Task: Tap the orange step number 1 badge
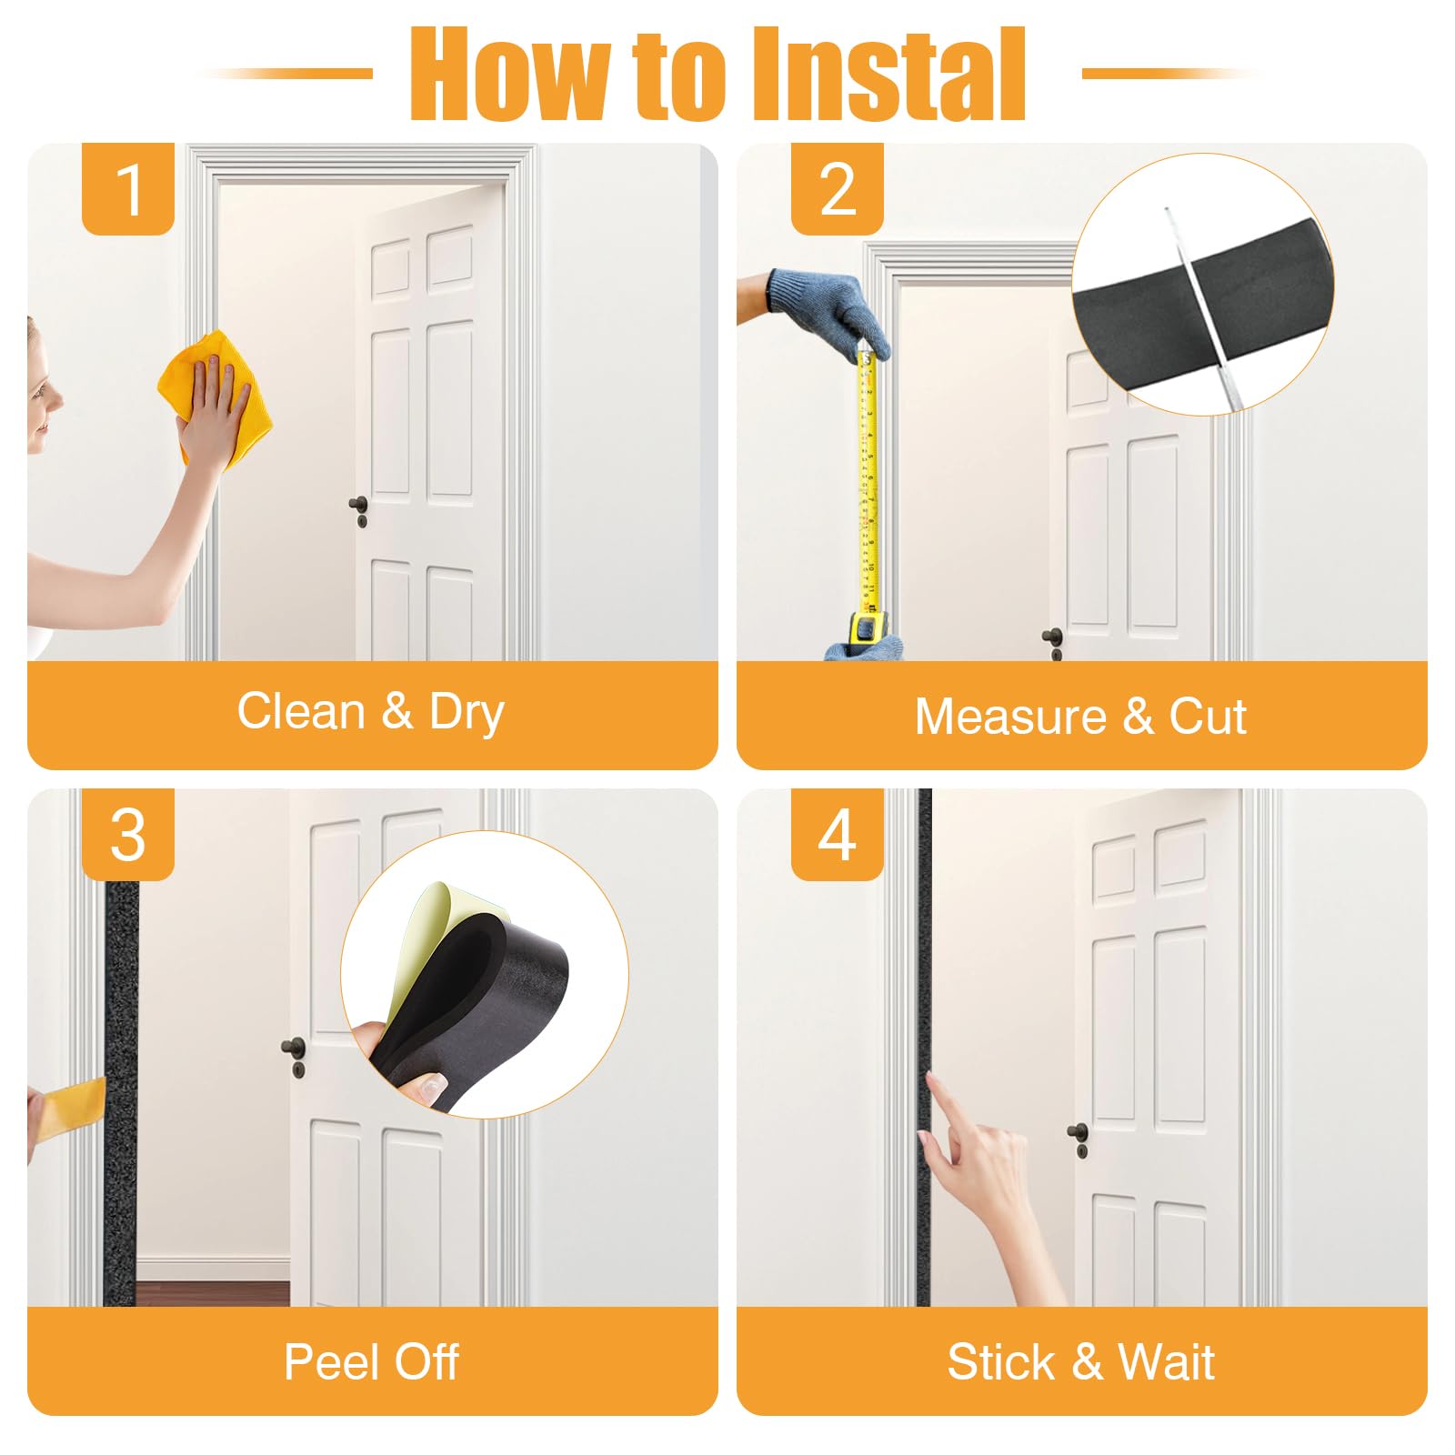pyautogui.click(x=128, y=189)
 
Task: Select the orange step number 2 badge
pyautogui.click(x=838, y=189)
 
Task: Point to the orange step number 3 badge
pyautogui.click(x=128, y=835)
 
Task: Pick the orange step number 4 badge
pyautogui.click(x=838, y=835)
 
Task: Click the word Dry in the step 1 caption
pyautogui.click(x=467, y=713)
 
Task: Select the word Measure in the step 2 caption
pyautogui.click(x=1010, y=717)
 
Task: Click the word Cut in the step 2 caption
pyautogui.click(x=1208, y=717)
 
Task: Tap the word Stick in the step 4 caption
pyautogui.click(x=999, y=1362)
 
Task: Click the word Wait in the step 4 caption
pyautogui.click(x=1167, y=1362)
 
